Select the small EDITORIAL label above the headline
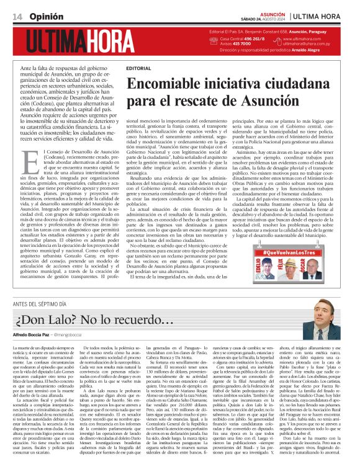tap(138, 68)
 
